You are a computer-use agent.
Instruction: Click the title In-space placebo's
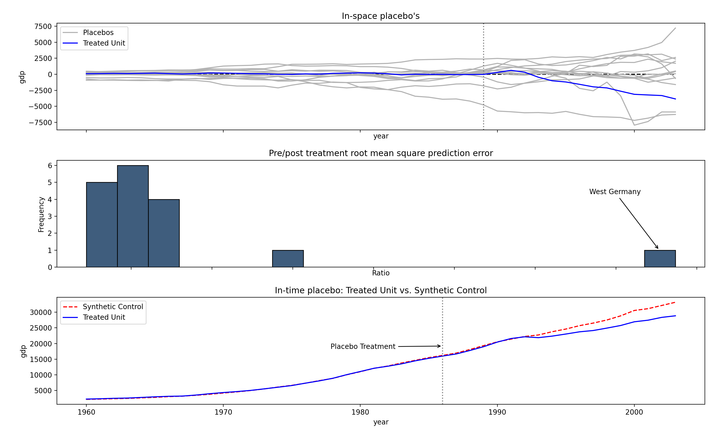380,16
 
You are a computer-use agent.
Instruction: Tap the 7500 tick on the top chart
43,26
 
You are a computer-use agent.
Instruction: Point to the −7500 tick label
40,123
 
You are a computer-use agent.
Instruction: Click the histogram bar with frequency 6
133,216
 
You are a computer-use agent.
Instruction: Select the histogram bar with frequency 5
102,225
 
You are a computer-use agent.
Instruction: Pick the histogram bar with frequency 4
164,233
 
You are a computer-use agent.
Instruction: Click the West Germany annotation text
615,192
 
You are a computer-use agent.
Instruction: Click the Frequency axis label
41,214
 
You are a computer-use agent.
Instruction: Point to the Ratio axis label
381,273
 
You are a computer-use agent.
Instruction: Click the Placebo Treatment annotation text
363,346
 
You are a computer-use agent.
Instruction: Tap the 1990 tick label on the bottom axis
497,412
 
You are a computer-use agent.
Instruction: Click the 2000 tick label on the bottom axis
634,412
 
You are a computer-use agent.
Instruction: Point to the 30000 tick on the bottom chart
41,312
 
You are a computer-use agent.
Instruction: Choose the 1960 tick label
86,412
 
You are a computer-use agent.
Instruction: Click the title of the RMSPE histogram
380,153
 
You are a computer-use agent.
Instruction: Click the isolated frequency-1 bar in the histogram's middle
288,259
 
